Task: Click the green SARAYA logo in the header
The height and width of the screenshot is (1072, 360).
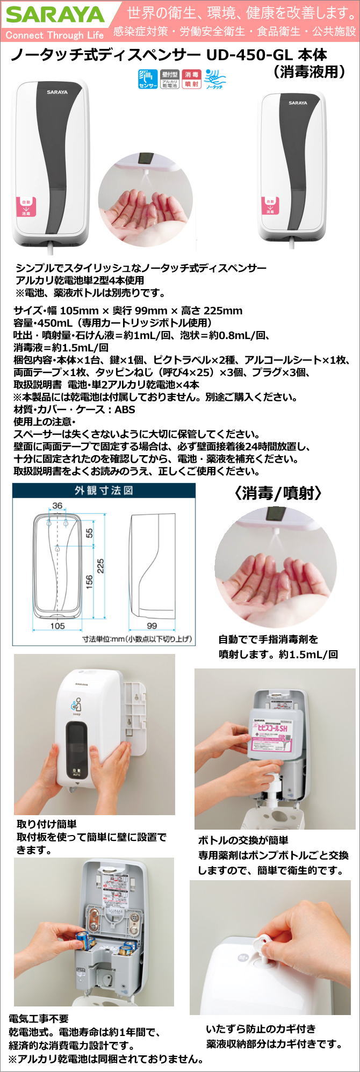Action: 55,15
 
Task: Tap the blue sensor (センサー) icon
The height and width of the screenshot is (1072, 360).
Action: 148,78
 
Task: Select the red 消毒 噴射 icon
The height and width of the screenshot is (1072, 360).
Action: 191,78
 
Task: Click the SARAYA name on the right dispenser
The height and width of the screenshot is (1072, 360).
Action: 298,103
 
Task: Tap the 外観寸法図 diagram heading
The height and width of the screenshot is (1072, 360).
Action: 103,490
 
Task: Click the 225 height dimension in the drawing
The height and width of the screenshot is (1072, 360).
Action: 100,566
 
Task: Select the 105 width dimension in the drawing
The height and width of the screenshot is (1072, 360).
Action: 57,625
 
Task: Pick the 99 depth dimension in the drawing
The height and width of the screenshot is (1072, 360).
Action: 152,625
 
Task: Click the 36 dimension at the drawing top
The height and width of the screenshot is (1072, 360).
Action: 57,506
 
